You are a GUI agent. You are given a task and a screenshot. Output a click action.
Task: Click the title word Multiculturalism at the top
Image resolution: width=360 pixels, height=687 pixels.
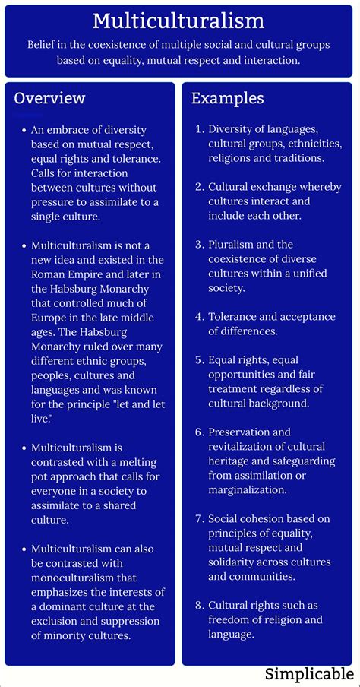pos(179,20)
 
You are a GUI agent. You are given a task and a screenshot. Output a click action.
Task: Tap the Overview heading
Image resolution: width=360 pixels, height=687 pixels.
pos(49,99)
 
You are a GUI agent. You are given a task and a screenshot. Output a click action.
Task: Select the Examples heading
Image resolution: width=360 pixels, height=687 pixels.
pos(228,99)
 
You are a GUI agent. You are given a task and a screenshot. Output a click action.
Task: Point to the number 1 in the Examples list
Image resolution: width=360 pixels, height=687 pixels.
pos(200,130)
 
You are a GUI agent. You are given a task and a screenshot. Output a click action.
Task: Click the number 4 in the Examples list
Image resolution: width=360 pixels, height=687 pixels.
pos(199,317)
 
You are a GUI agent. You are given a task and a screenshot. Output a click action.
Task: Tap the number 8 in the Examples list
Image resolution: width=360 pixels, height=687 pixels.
pos(199,605)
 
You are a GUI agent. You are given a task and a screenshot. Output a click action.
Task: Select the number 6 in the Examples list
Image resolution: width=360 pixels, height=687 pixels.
pos(199,432)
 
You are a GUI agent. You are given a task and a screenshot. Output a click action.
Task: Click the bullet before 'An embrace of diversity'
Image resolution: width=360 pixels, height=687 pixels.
pos(24,130)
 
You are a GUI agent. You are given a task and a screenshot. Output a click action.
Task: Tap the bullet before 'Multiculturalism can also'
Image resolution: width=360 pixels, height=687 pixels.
pos(24,549)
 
